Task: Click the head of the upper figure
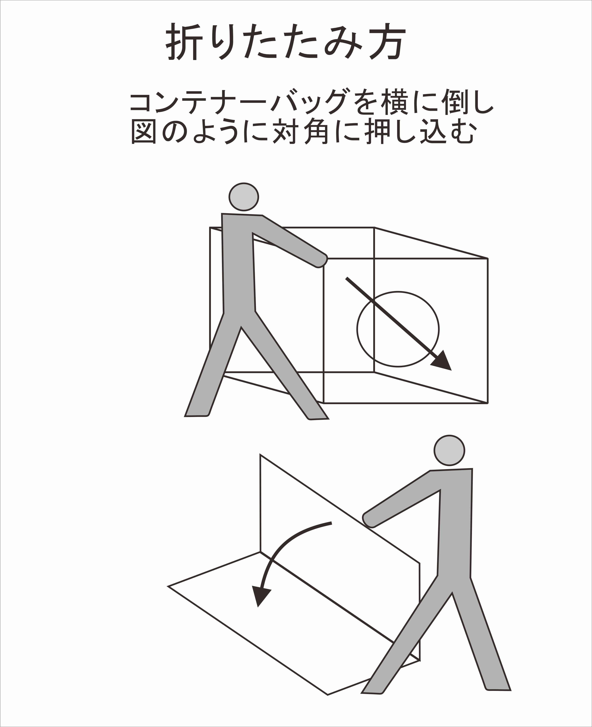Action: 243,197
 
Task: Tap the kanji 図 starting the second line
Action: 144,131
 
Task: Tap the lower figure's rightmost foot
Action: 498,687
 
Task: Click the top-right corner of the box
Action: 488,258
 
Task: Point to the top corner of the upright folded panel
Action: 260,455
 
